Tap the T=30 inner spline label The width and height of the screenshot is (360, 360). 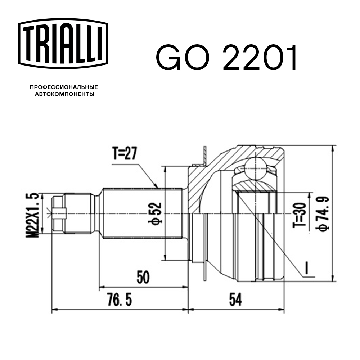(300, 215)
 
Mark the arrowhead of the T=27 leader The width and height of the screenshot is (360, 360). (157, 186)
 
